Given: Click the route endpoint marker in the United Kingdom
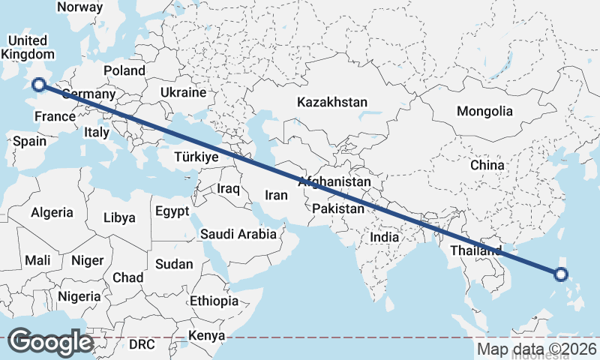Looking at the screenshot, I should click(39, 85).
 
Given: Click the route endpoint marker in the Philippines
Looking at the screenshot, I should click(560, 274).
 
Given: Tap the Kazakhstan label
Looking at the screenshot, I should click(331, 101).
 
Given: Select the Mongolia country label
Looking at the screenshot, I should click(484, 111).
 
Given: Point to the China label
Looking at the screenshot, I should click(487, 165).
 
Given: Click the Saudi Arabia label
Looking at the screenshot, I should click(238, 234).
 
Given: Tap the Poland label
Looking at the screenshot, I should click(124, 70).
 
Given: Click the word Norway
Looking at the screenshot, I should click(79, 7).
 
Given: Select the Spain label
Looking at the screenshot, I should click(29, 141).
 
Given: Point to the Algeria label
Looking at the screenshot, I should click(52, 212).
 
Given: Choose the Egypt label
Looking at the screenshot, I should click(172, 211).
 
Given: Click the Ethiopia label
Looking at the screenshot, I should click(214, 301).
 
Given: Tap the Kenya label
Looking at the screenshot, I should click(206, 335).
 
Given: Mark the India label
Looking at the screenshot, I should click(385, 237).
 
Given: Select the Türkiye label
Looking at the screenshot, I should click(196, 157).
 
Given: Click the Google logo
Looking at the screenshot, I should click(50, 342).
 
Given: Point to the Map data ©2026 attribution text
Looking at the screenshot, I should click(536, 349).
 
